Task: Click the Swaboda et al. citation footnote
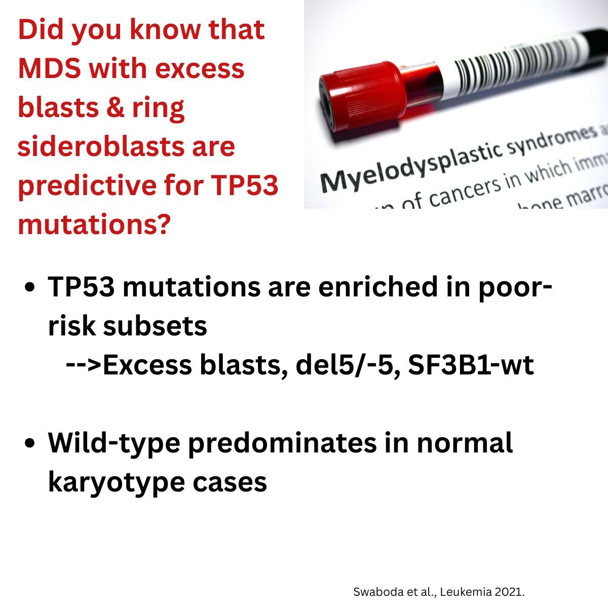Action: tap(438, 591)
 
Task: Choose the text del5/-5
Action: tap(344, 365)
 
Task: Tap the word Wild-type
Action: tap(114, 443)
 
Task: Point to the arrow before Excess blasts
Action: tap(84, 365)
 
